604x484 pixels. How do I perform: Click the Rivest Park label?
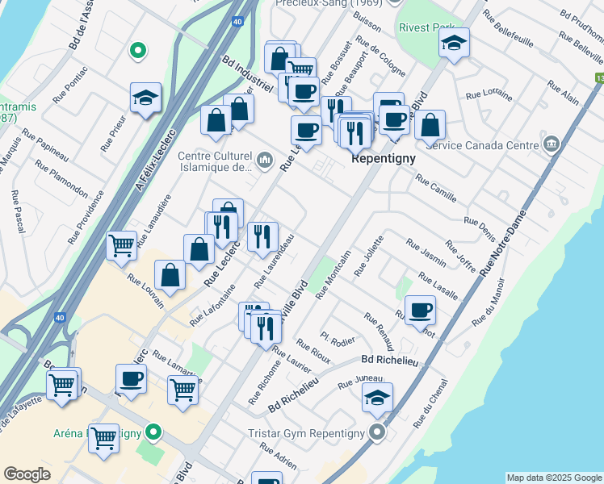click(426, 27)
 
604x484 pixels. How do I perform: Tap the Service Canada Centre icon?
click(552, 145)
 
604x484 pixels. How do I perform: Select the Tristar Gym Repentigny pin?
click(377, 433)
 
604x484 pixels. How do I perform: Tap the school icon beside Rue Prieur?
click(146, 98)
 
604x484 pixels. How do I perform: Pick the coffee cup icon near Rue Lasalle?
click(419, 311)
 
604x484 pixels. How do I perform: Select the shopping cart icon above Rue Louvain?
click(121, 244)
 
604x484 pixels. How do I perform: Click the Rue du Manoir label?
click(490, 302)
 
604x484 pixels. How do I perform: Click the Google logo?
click(27, 474)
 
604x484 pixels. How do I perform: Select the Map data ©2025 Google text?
click(554, 478)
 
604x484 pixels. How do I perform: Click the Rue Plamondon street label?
click(61, 178)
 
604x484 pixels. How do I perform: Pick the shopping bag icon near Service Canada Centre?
click(431, 124)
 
